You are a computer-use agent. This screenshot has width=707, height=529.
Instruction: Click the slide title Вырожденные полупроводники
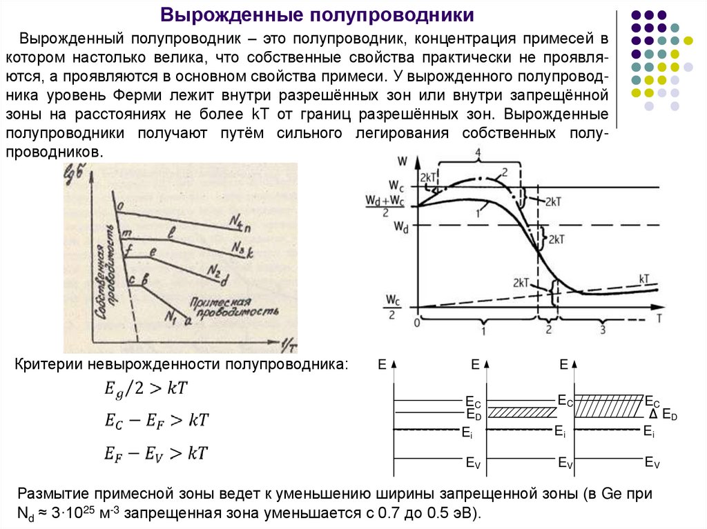click(x=317, y=14)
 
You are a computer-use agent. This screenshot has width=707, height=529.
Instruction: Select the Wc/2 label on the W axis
click(x=393, y=306)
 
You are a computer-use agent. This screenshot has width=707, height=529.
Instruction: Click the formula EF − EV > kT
click(x=156, y=453)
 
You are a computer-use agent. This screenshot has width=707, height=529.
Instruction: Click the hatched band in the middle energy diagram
click(x=522, y=412)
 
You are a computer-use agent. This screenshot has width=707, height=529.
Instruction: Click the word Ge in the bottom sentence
click(x=612, y=493)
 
